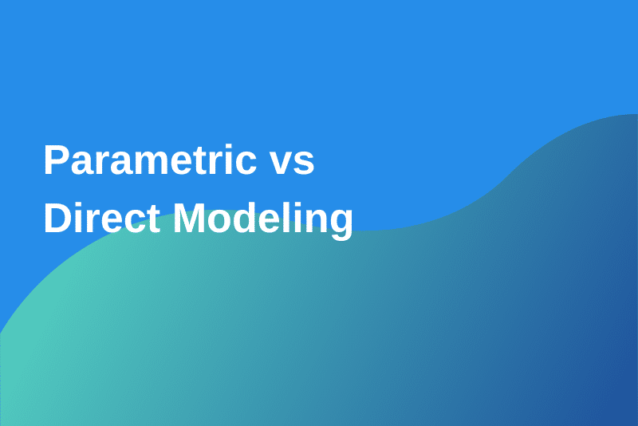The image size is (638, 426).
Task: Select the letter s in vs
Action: click(304, 165)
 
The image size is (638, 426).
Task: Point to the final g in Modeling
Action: click(339, 224)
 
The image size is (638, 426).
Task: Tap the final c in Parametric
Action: click(244, 165)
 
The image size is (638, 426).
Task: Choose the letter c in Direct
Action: click(137, 222)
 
